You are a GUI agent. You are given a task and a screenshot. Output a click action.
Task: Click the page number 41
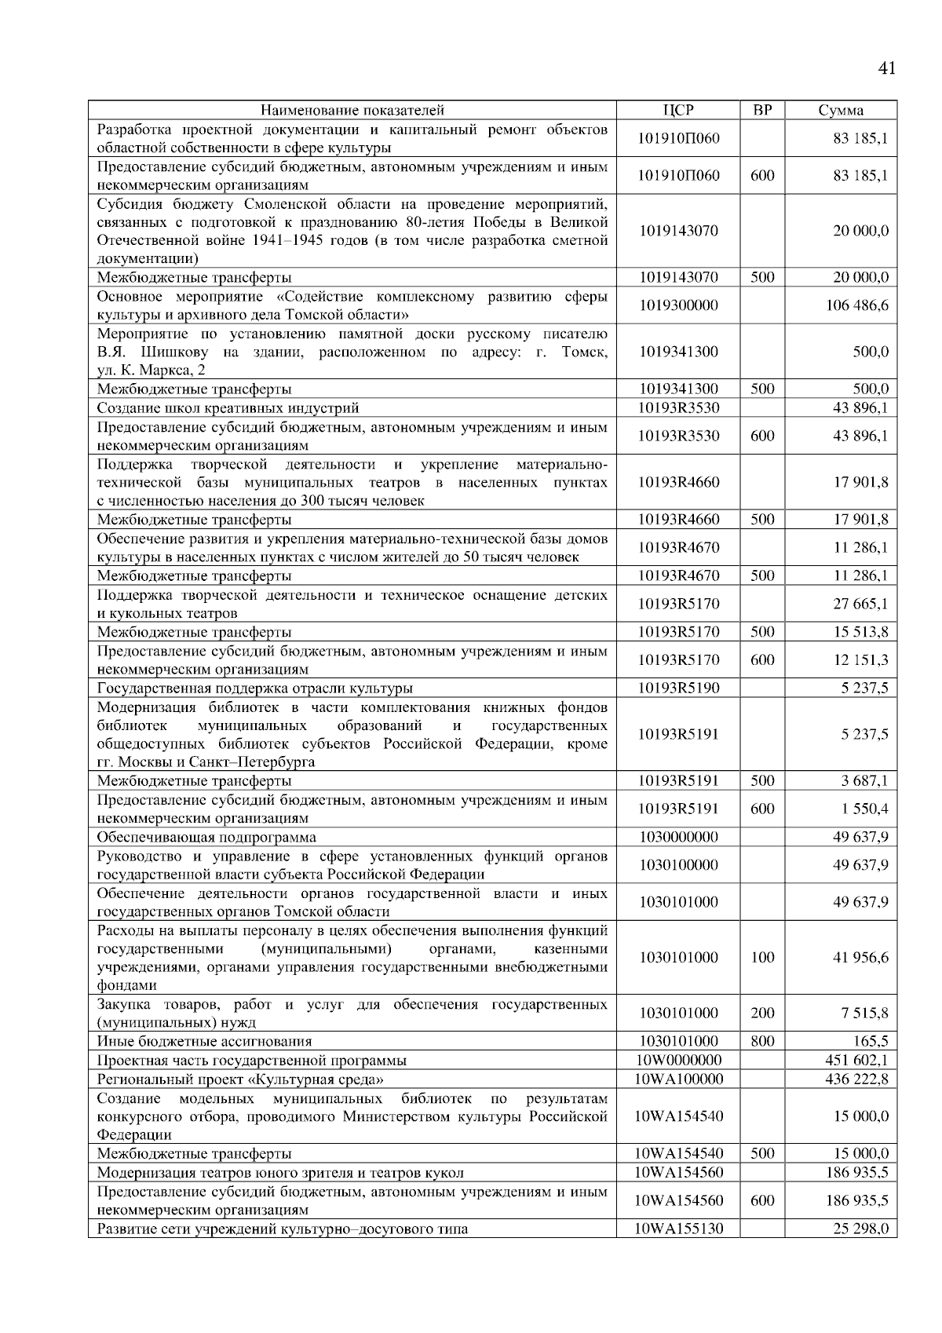coord(885,68)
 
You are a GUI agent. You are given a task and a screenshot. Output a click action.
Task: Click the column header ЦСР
coord(678,110)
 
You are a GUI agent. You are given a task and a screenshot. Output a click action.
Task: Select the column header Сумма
coord(840,110)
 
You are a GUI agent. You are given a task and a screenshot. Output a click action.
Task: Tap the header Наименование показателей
coord(352,110)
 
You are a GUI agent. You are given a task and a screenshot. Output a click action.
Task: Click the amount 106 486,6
coord(856,305)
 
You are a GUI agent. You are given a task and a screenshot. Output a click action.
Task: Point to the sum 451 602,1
coord(856,1060)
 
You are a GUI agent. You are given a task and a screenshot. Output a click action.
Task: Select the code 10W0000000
coord(678,1060)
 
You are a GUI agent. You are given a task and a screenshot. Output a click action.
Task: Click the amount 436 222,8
coord(856,1079)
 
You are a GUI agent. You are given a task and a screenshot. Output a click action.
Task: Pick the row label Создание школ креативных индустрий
coord(228,407)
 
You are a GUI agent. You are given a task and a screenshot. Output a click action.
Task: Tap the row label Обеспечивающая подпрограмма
coord(206,837)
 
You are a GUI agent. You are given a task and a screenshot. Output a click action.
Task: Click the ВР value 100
coord(762,957)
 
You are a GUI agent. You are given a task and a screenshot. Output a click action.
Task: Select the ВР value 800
coord(762,1041)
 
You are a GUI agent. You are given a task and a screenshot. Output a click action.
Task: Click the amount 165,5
coord(873,1041)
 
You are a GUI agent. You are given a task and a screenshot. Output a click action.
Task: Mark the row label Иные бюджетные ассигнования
coord(204,1041)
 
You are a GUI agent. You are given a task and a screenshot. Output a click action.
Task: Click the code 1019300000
coord(678,305)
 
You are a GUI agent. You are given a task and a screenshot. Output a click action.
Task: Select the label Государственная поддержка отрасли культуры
coord(254,688)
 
